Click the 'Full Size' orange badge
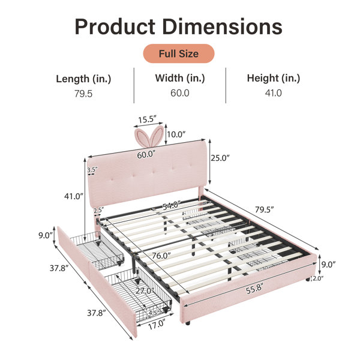[179, 53]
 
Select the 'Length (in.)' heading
[83, 79]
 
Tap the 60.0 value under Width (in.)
[180, 93]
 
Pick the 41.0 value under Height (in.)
[273, 93]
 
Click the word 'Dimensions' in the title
[222, 26]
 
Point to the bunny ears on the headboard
[149, 137]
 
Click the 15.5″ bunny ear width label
[147, 119]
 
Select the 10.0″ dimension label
[176, 134]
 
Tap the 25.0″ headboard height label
[220, 158]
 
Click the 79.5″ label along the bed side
[264, 209]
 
